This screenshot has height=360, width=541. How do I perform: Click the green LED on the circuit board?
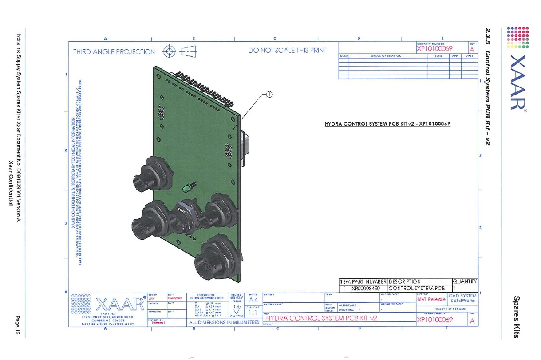(185, 190)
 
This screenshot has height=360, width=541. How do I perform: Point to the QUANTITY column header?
(465, 281)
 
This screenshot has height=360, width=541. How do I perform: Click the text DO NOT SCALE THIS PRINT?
(287, 51)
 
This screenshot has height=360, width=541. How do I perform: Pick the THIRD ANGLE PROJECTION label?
(114, 52)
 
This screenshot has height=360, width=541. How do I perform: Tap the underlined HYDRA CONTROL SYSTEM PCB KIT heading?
(387, 124)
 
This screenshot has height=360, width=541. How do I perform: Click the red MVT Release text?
(431, 299)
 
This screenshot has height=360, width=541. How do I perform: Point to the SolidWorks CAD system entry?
(462, 301)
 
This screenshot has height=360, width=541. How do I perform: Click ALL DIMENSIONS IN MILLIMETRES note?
(224, 323)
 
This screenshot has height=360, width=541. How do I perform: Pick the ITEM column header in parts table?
(345, 281)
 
